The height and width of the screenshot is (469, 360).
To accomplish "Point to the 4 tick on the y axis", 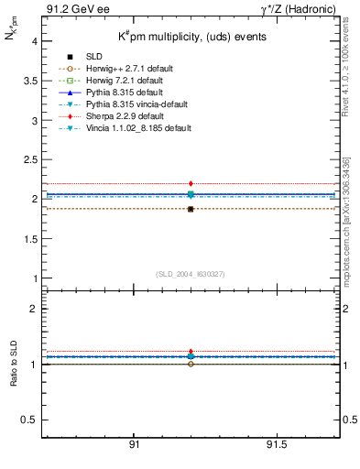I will (36, 41).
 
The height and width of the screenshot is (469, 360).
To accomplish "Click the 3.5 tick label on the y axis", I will (29, 81).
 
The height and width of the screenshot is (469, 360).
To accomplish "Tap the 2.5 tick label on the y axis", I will (29, 159).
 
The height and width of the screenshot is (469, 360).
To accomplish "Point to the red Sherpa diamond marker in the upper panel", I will (191, 184).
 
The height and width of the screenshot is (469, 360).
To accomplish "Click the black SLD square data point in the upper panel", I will (191, 209).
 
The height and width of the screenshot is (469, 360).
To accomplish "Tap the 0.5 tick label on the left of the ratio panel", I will (29, 420).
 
